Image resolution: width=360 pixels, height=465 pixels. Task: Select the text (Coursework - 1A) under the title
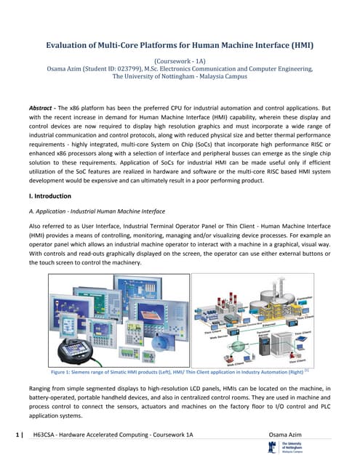coord(180,61)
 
